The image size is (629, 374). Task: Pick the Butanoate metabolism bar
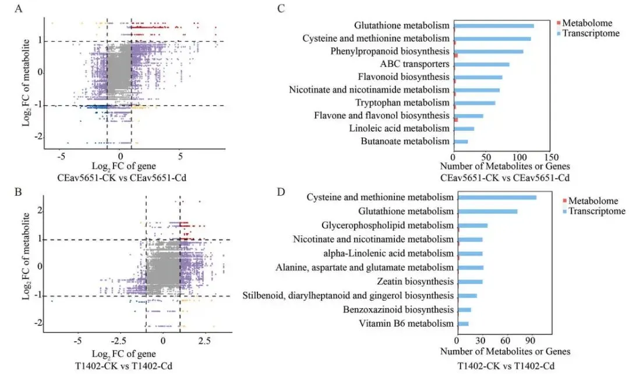[x=461, y=142]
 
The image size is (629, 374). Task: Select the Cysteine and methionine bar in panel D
[x=497, y=198]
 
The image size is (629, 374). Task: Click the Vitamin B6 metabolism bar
[x=464, y=323]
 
